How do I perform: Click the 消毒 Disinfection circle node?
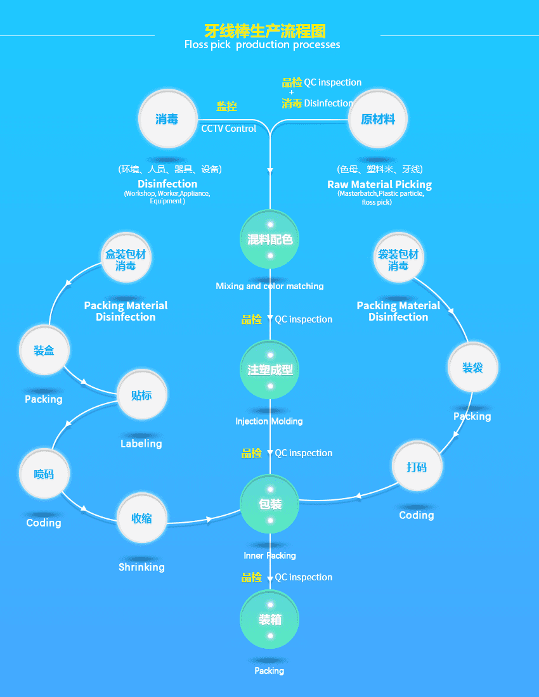167,119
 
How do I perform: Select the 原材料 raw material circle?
378,119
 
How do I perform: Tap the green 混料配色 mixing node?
270,240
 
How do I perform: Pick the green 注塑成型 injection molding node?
270,370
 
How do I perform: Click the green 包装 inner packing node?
270,504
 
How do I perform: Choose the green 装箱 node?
270,620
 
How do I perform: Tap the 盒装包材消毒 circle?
126,260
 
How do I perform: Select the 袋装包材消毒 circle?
398,260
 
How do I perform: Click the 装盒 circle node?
44,350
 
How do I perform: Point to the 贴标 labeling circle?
141,395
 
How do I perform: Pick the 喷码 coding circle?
44,474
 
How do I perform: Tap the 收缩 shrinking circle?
141,518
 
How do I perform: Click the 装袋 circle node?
472,368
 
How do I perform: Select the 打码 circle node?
417,467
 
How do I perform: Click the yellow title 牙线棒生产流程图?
265,30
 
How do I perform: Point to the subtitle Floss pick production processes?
262,45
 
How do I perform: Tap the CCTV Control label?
229,129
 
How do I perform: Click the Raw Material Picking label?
379,185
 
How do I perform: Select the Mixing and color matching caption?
269,286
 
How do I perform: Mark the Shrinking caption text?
141,567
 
